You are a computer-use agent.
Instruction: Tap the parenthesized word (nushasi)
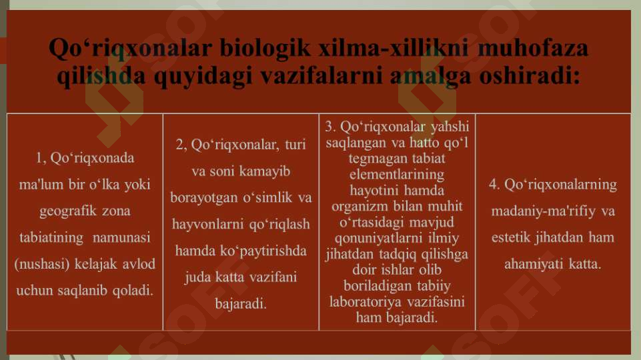point(39,263)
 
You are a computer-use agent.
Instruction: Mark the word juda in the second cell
point(197,277)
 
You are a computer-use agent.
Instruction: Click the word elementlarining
point(397,174)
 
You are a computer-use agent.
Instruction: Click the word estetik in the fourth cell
point(514,237)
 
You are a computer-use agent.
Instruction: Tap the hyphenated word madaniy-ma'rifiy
point(544,211)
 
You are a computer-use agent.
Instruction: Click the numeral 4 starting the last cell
point(492,184)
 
